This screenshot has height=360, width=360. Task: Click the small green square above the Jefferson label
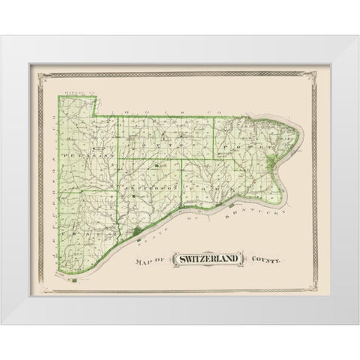point(155,166)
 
